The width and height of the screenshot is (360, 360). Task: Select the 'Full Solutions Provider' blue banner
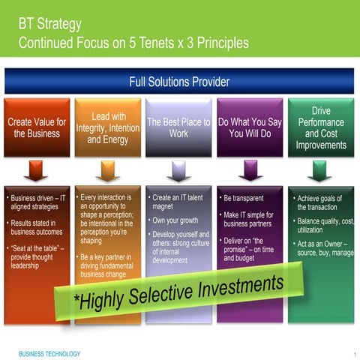pyautogui.click(x=179, y=82)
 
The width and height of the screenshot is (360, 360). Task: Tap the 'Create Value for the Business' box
pyautogui.click(x=37, y=127)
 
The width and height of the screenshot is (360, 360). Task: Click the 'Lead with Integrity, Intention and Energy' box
pyautogui.click(x=108, y=127)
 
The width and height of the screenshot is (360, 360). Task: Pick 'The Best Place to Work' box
pyautogui.click(x=178, y=127)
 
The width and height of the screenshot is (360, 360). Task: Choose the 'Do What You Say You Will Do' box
pyautogui.click(x=250, y=127)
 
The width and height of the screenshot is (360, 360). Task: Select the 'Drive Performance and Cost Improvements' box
pyautogui.click(x=320, y=127)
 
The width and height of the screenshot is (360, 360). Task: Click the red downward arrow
pyautogui.click(x=36, y=171)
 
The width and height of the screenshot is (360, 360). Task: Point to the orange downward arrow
pyautogui.click(x=107, y=171)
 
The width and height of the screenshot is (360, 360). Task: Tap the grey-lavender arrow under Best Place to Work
pyautogui.click(x=178, y=171)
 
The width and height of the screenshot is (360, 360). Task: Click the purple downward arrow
pyautogui.click(x=250, y=171)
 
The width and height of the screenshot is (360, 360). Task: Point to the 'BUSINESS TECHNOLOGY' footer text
pyautogui.click(x=49, y=353)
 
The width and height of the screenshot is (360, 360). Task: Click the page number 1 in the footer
pyautogui.click(x=352, y=354)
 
